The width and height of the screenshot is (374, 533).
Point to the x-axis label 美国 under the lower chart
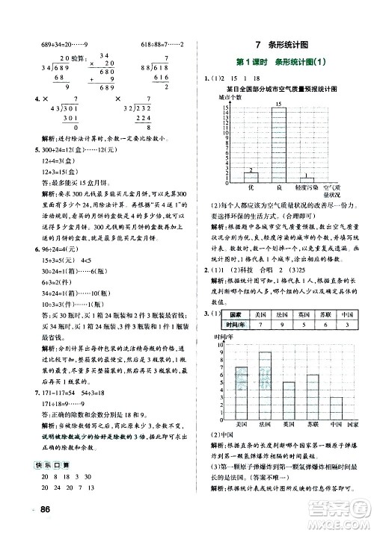pyautogui.click(x=240, y=423)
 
